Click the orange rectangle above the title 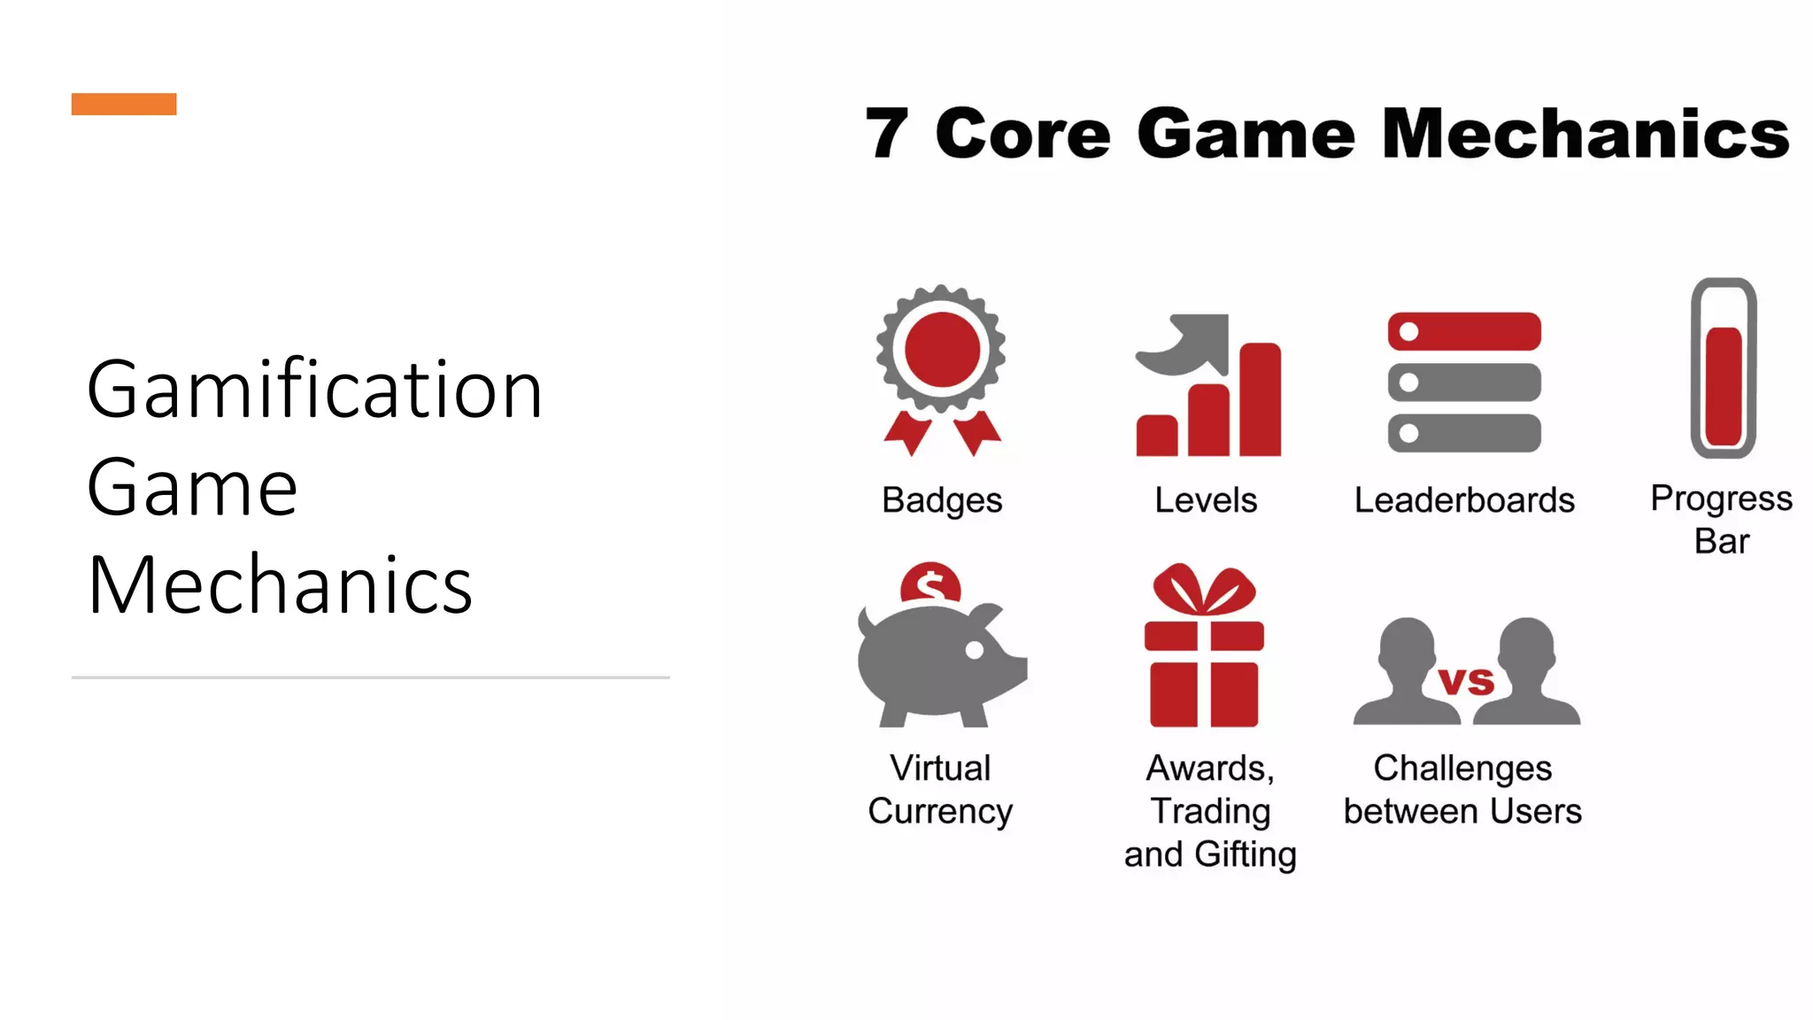tap(124, 104)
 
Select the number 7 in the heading tap(886, 134)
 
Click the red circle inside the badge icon tap(942, 350)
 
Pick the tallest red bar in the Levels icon tap(1260, 399)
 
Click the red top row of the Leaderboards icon tap(1464, 331)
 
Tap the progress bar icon tap(1723, 367)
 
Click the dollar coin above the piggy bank tap(930, 584)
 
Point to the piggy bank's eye tap(975, 650)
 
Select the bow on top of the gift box tap(1204, 590)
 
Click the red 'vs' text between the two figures tap(1466, 681)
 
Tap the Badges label tap(942, 500)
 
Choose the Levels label tap(1206, 500)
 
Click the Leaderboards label tap(1464, 500)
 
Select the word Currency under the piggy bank tap(940, 811)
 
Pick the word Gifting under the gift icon tap(1246, 854)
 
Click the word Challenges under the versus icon tap(1462, 768)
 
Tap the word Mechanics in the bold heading tap(1585, 134)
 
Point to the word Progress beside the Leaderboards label tap(1722, 498)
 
